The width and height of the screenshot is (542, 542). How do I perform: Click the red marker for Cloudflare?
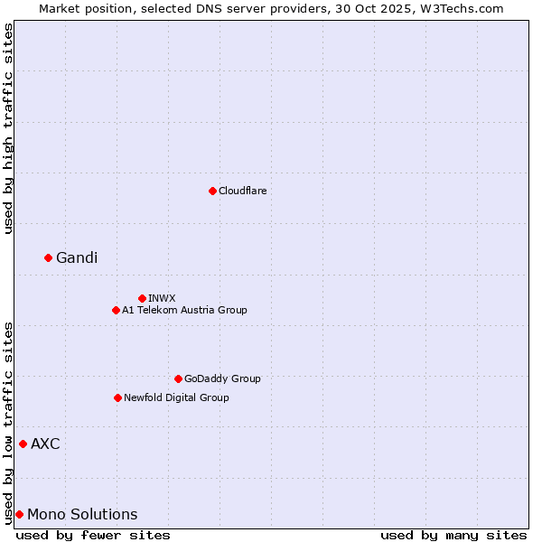tap(212, 191)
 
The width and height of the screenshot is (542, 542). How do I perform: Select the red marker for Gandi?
tap(48, 258)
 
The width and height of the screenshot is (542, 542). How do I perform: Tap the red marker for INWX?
tap(142, 298)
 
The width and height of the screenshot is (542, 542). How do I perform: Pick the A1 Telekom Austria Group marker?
tap(116, 310)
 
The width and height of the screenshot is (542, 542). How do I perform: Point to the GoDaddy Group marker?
tap(178, 378)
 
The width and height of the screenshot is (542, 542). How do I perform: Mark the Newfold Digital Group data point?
tap(117, 397)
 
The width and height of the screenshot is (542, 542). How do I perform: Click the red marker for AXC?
tap(23, 444)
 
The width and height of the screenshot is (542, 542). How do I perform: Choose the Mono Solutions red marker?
tap(19, 514)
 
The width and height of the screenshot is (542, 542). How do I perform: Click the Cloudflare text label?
tap(242, 191)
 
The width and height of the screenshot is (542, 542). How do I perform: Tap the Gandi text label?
tap(77, 258)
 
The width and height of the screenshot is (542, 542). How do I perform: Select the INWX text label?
tap(162, 298)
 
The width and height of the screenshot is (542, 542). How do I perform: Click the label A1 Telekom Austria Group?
tap(184, 310)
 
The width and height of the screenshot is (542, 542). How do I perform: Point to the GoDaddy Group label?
tap(222, 378)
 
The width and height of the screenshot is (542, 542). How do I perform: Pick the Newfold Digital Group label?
tap(176, 397)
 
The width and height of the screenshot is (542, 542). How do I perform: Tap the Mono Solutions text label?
tap(82, 514)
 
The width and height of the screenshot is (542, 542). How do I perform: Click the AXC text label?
tap(45, 444)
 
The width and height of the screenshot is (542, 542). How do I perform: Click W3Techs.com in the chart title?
tap(466, 8)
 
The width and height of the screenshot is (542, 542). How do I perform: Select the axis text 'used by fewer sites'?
tap(93, 535)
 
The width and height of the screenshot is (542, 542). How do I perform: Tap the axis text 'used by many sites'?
tap(453, 535)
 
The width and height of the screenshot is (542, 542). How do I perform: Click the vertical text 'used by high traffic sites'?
tap(8, 128)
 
